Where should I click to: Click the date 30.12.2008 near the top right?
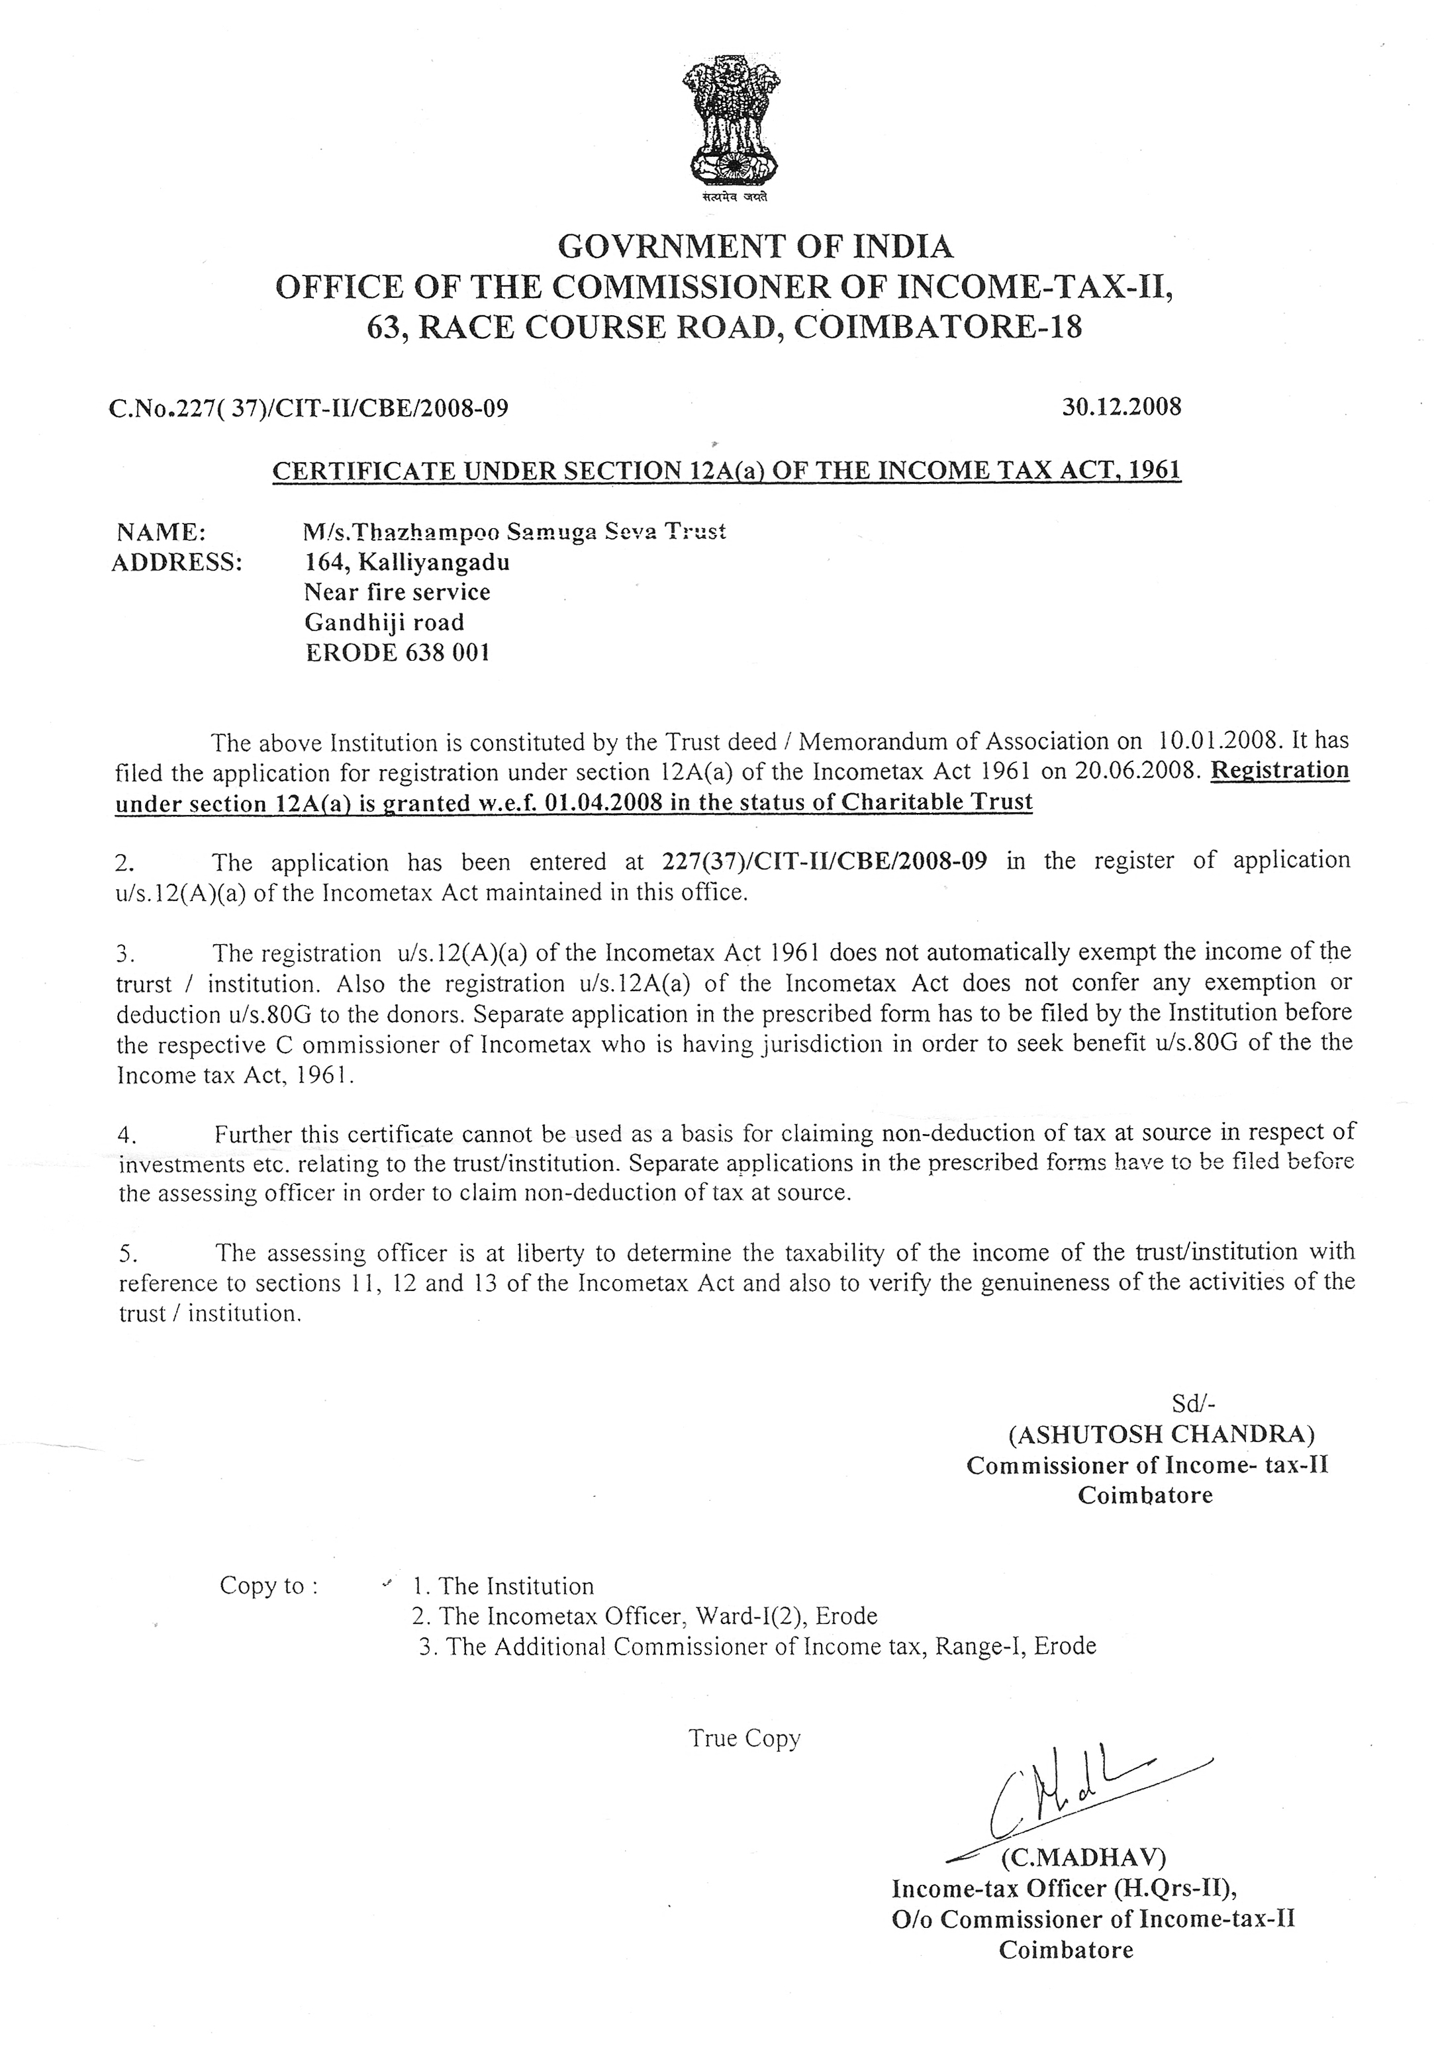click(x=1121, y=407)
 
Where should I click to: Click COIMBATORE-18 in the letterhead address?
click(x=938, y=327)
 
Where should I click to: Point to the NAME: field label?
click(x=162, y=533)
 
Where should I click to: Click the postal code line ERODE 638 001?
click(x=397, y=653)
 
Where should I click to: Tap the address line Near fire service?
click(x=397, y=593)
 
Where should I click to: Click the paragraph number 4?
click(x=126, y=1135)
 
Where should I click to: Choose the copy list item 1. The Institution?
click(x=503, y=1586)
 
